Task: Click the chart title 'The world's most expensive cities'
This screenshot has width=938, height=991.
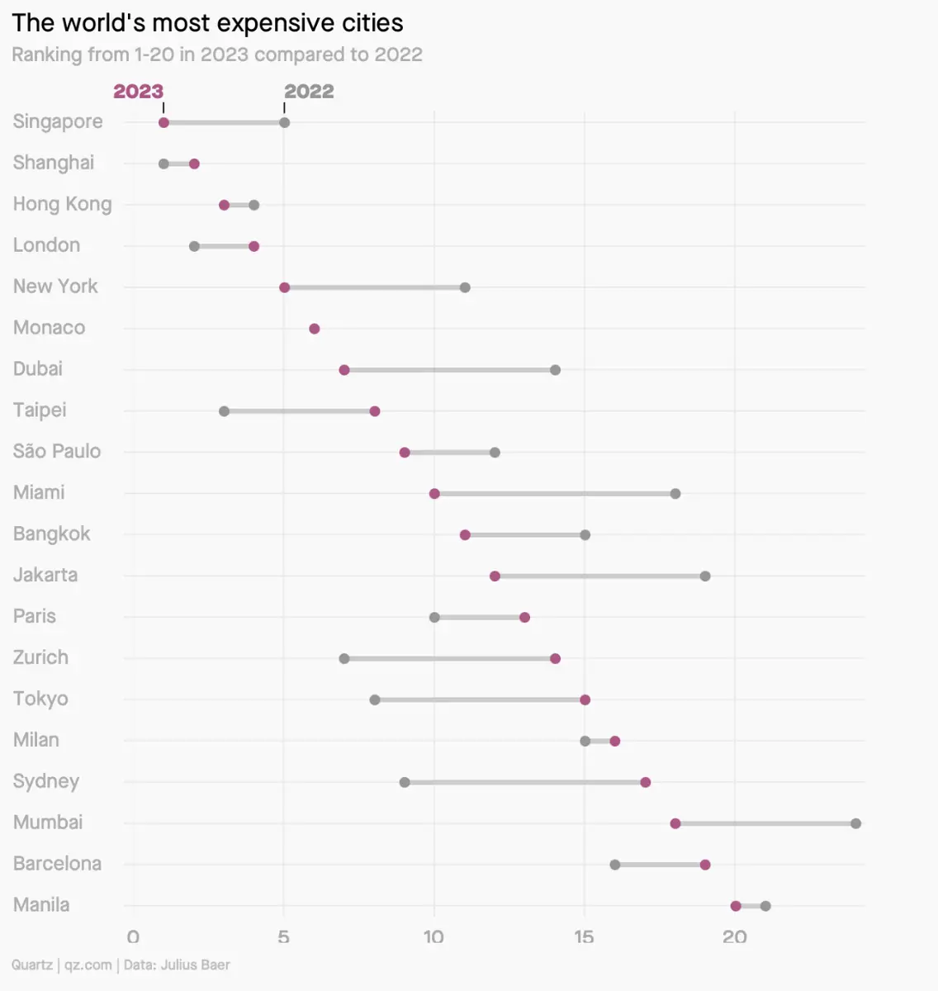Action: click(x=207, y=23)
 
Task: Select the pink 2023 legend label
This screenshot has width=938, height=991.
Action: click(x=138, y=91)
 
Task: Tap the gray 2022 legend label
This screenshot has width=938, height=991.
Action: click(x=309, y=91)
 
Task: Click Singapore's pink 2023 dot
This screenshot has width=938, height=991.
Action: click(x=163, y=123)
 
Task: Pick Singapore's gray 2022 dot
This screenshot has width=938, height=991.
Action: click(x=284, y=123)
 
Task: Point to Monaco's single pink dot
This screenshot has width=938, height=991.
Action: click(x=314, y=329)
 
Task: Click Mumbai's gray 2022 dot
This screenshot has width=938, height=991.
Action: click(x=855, y=823)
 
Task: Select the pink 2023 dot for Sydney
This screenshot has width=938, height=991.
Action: click(x=645, y=782)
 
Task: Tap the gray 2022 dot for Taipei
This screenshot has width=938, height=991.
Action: click(x=224, y=411)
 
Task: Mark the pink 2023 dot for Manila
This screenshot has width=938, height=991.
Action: click(x=736, y=906)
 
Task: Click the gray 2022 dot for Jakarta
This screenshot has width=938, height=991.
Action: click(x=705, y=576)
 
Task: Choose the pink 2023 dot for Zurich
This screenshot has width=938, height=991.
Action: click(x=555, y=659)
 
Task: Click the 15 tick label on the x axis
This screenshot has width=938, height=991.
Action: click(x=584, y=937)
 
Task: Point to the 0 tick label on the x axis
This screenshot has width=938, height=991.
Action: click(x=133, y=937)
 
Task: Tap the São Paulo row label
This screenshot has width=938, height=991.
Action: click(x=57, y=452)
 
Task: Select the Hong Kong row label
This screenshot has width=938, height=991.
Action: click(x=62, y=204)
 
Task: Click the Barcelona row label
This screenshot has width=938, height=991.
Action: click(x=57, y=864)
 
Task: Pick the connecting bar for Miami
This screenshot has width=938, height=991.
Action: click(x=555, y=494)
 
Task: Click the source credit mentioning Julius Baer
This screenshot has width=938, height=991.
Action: click(x=121, y=965)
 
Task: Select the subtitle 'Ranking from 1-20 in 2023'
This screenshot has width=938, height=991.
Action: click(x=216, y=55)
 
